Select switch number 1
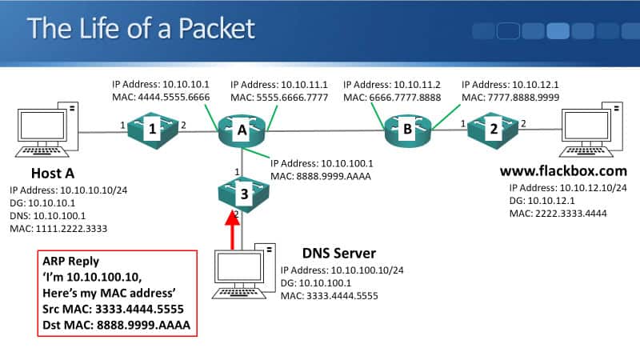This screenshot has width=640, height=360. [153, 126]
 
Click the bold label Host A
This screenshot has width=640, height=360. [55, 174]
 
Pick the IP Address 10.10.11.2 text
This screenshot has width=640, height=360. [392, 83]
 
